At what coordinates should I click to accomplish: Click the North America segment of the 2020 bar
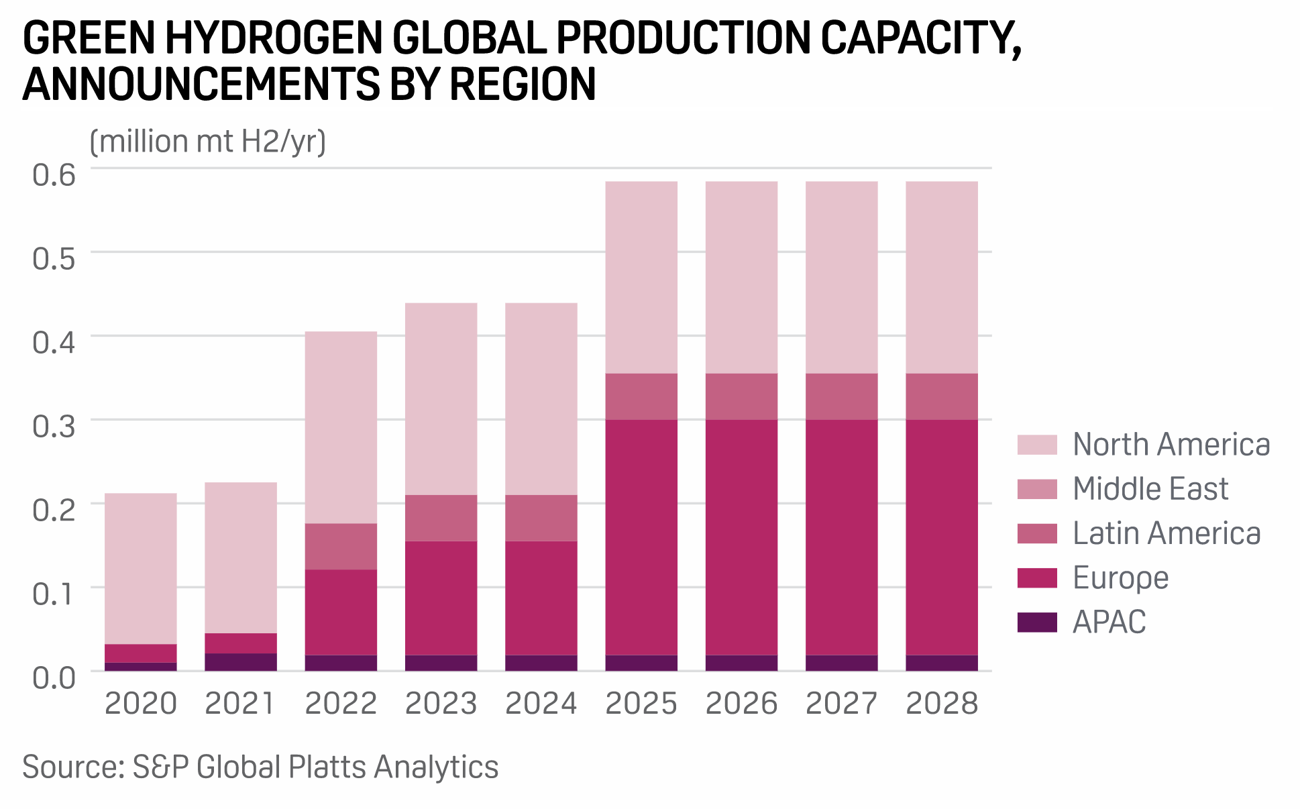click(141, 568)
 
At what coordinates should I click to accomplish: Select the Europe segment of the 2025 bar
click(641, 537)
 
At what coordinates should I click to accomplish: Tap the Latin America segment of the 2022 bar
click(341, 546)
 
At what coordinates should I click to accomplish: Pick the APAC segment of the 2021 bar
click(241, 661)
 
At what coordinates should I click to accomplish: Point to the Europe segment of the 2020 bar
click(141, 653)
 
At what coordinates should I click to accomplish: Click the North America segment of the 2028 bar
click(942, 277)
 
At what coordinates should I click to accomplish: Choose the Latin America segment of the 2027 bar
click(842, 396)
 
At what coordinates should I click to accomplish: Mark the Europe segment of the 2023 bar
click(441, 598)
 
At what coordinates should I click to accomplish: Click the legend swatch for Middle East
click(1037, 489)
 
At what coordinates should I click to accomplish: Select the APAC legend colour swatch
click(1037, 623)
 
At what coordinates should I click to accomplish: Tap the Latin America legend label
click(1167, 533)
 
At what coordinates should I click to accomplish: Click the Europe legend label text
click(1120, 578)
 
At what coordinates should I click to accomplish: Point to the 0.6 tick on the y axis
click(54, 175)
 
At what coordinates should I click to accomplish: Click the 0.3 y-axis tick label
click(54, 426)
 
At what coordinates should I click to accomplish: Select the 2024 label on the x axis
click(541, 704)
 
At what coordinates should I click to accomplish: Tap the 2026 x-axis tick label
click(741, 704)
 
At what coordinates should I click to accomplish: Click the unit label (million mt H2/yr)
click(207, 142)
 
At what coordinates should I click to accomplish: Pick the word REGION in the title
click(523, 85)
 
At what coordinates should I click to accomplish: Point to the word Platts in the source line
click(327, 767)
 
